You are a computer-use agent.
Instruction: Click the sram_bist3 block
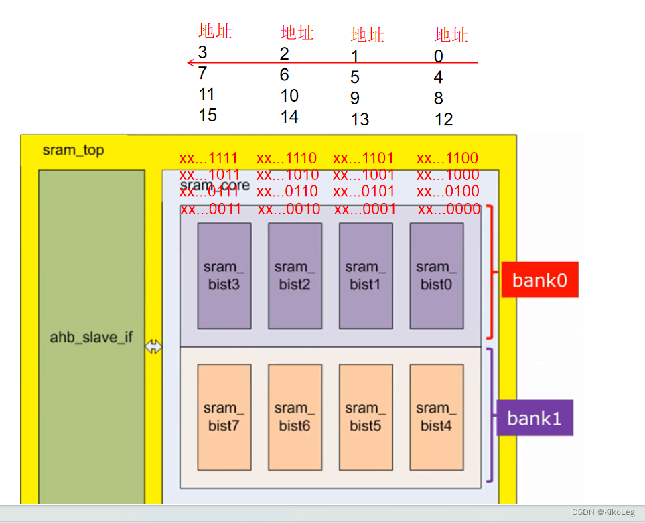(224, 276)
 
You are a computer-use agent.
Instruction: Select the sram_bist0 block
(436, 276)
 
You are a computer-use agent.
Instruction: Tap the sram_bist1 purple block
(366, 276)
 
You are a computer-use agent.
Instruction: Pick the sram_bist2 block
(295, 276)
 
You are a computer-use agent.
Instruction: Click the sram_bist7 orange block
(224, 417)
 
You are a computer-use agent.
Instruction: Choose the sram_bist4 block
(436, 417)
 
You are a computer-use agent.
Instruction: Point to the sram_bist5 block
(366, 417)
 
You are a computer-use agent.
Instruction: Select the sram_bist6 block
(295, 417)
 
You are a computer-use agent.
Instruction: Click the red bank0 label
(539, 280)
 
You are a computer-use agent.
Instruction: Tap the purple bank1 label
(534, 418)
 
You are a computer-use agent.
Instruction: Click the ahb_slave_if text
(91, 337)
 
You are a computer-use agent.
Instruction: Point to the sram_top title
(73, 150)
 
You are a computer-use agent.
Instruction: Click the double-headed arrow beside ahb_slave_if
(154, 347)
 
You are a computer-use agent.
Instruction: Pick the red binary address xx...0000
(449, 210)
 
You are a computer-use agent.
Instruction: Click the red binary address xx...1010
(288, 175)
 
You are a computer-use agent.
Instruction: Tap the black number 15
(208, 115)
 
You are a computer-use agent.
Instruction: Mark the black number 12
(443, 119)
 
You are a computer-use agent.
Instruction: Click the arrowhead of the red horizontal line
(190, 63)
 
